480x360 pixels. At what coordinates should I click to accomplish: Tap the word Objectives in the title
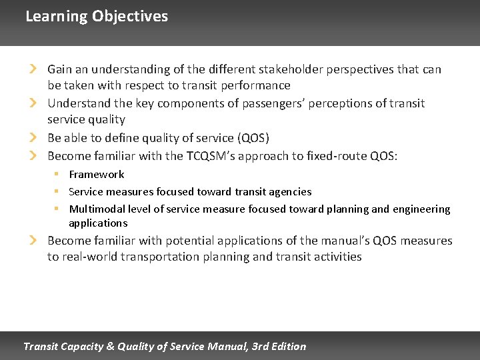130,17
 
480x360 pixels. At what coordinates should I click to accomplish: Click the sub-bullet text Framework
97,175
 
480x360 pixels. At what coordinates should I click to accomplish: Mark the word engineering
421,209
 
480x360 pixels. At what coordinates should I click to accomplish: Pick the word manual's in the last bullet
341,241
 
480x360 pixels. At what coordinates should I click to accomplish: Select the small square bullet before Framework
58,174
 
